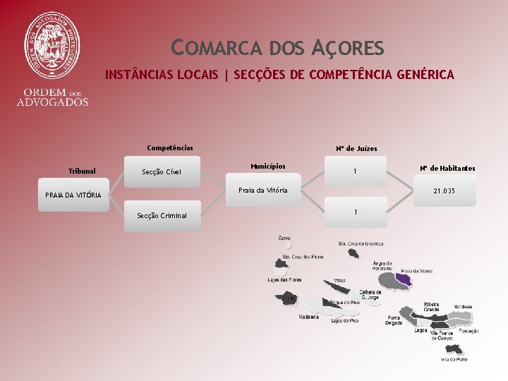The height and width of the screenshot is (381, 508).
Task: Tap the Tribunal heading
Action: [82, 171]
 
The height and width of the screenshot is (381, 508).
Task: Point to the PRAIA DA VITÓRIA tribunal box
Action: [73, 195]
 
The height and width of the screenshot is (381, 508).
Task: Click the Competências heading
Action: [169, 148]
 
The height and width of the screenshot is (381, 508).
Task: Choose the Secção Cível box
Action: [162, 171]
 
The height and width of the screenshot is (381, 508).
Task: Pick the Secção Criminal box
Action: [162, 215]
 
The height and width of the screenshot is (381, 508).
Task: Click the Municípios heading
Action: [267, 167]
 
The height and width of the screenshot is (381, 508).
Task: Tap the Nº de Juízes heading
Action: [356, 149]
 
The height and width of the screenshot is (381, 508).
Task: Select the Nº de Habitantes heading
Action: [447, 168]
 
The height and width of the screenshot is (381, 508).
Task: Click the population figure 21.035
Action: [444, 191]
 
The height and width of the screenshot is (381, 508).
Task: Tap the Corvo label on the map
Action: [284, 238]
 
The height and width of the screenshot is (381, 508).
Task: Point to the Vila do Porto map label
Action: [454, 359]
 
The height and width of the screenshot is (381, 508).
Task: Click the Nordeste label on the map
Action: [463, 306]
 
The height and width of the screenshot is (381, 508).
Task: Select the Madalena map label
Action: [308, 317]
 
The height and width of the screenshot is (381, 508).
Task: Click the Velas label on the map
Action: [339, 279]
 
